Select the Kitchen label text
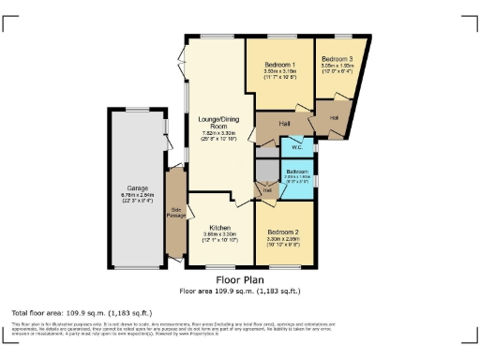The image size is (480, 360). (220, 228)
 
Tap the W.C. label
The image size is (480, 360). (296, 146)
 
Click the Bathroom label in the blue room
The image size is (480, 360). (298, 171)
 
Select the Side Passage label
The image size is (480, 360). (175, 213)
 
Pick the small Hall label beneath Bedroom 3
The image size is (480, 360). (336, 117)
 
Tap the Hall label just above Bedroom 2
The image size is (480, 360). (267, 190)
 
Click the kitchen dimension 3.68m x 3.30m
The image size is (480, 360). (220, 234)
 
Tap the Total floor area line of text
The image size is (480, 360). (82, 311)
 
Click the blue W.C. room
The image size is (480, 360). (296, 149)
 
